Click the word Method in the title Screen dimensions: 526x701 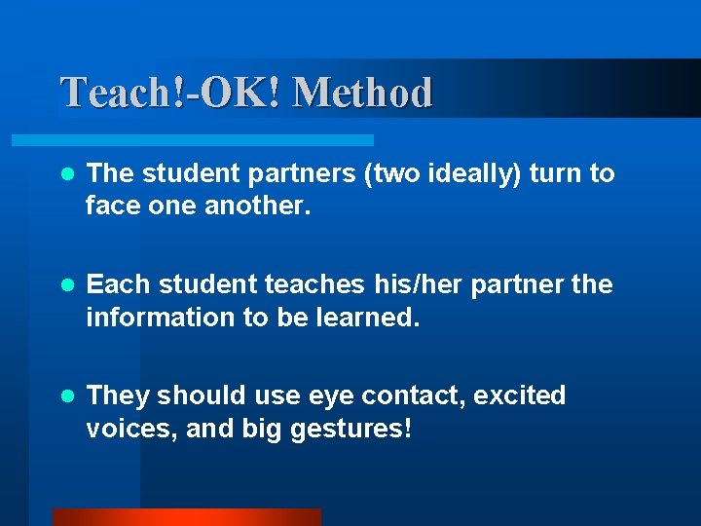(x=361, y=94)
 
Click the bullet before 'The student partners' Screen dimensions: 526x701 (x=66, y=174)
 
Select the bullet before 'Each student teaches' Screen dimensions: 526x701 (x=66, y=285)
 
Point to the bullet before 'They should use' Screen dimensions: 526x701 (x=66, y=396)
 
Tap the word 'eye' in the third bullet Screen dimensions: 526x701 (x=325, y=397)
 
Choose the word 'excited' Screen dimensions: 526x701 (x=520, y=395)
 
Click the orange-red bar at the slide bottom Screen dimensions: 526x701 (x=186, y=517)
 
